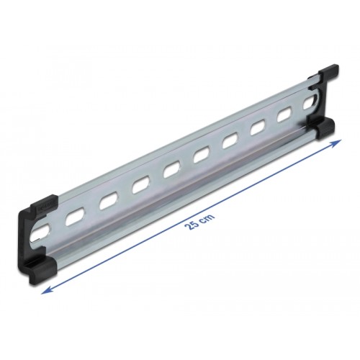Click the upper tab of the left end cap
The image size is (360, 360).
43,203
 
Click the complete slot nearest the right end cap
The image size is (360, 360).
287,115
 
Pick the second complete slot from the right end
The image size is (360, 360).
259,128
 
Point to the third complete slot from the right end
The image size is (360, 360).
230,142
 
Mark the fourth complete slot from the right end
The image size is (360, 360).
202,155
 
